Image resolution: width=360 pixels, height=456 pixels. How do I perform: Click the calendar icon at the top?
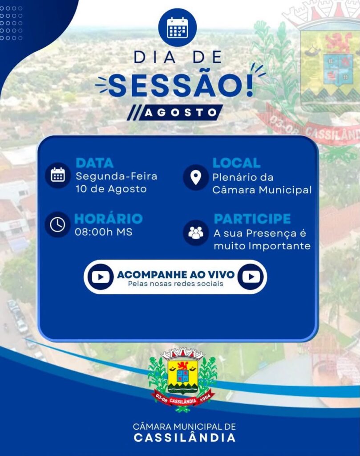point(177,28)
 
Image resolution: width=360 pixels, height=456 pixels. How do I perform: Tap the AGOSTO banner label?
point(181,113)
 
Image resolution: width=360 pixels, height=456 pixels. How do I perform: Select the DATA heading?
point(94,163)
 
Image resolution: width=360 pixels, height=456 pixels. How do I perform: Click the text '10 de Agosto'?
point(111,189)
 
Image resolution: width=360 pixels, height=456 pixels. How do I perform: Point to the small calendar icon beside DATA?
point(58,175)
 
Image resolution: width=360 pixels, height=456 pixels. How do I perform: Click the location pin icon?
point(195,177)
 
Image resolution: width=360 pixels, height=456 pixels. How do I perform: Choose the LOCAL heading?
point(236,163)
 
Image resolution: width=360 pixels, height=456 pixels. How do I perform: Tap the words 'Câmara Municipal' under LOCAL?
point(262,190)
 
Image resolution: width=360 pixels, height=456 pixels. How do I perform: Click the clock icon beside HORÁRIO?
point(57,224)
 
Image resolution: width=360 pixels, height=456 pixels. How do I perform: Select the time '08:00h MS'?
point(103,232)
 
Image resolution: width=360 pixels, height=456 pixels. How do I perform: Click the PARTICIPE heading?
point(252,219)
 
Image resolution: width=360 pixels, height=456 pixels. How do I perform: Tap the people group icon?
point(195,232)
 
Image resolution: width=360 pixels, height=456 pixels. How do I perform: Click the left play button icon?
point(101,277)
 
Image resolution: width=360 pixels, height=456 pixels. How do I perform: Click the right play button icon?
point(251,277)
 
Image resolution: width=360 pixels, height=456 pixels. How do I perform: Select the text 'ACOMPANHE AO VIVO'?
point(175,274)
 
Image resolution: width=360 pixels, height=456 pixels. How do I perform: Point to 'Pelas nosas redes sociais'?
point(175,284)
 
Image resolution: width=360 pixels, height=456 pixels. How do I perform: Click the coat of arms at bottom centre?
point(183,379)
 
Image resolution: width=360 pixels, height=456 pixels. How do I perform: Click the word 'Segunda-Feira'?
point(116,176)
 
